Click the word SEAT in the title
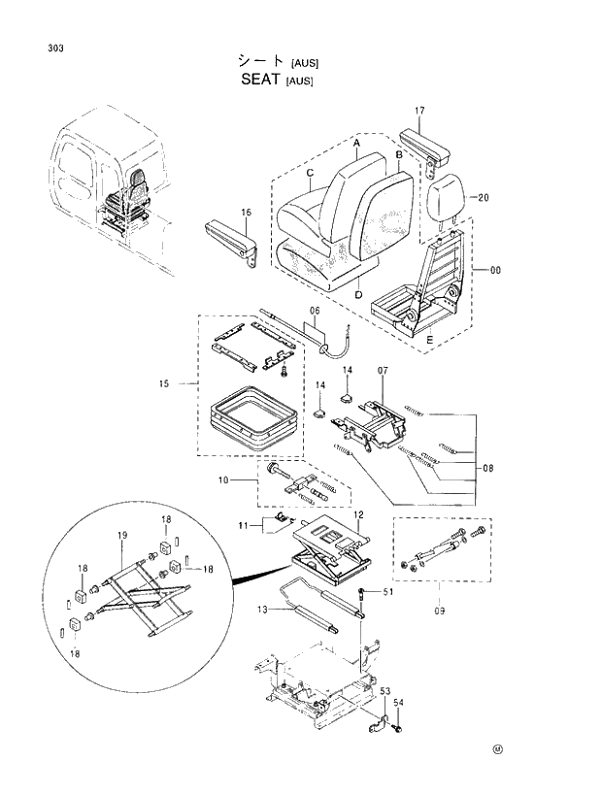[261, 81]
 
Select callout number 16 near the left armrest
[246, 212]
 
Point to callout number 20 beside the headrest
[483, 197]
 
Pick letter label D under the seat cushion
[358, 294]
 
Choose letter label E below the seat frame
[428, 340]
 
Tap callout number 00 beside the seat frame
[495, 271]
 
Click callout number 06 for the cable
[314, 312]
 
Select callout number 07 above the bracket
[383, 372]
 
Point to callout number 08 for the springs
[487, 468]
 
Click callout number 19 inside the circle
[122, 535]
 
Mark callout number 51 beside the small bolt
[388, 592]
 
